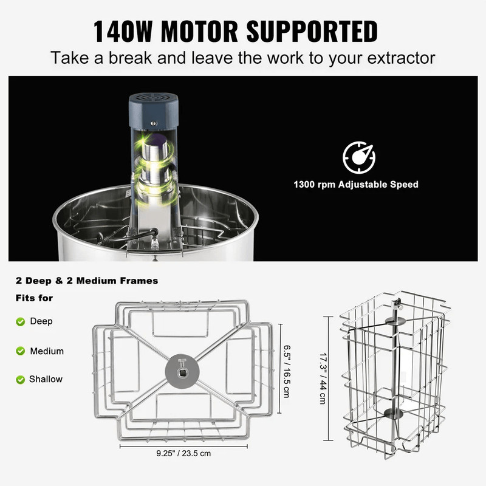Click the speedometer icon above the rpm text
point(359,157)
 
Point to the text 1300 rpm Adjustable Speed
point(356,184)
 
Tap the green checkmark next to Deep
point(21,321)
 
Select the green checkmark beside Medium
point(21,351)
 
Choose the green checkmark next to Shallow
point(21,379)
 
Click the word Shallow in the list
point(46,379)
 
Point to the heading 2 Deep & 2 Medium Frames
point(87,281)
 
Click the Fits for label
point(34,298)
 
